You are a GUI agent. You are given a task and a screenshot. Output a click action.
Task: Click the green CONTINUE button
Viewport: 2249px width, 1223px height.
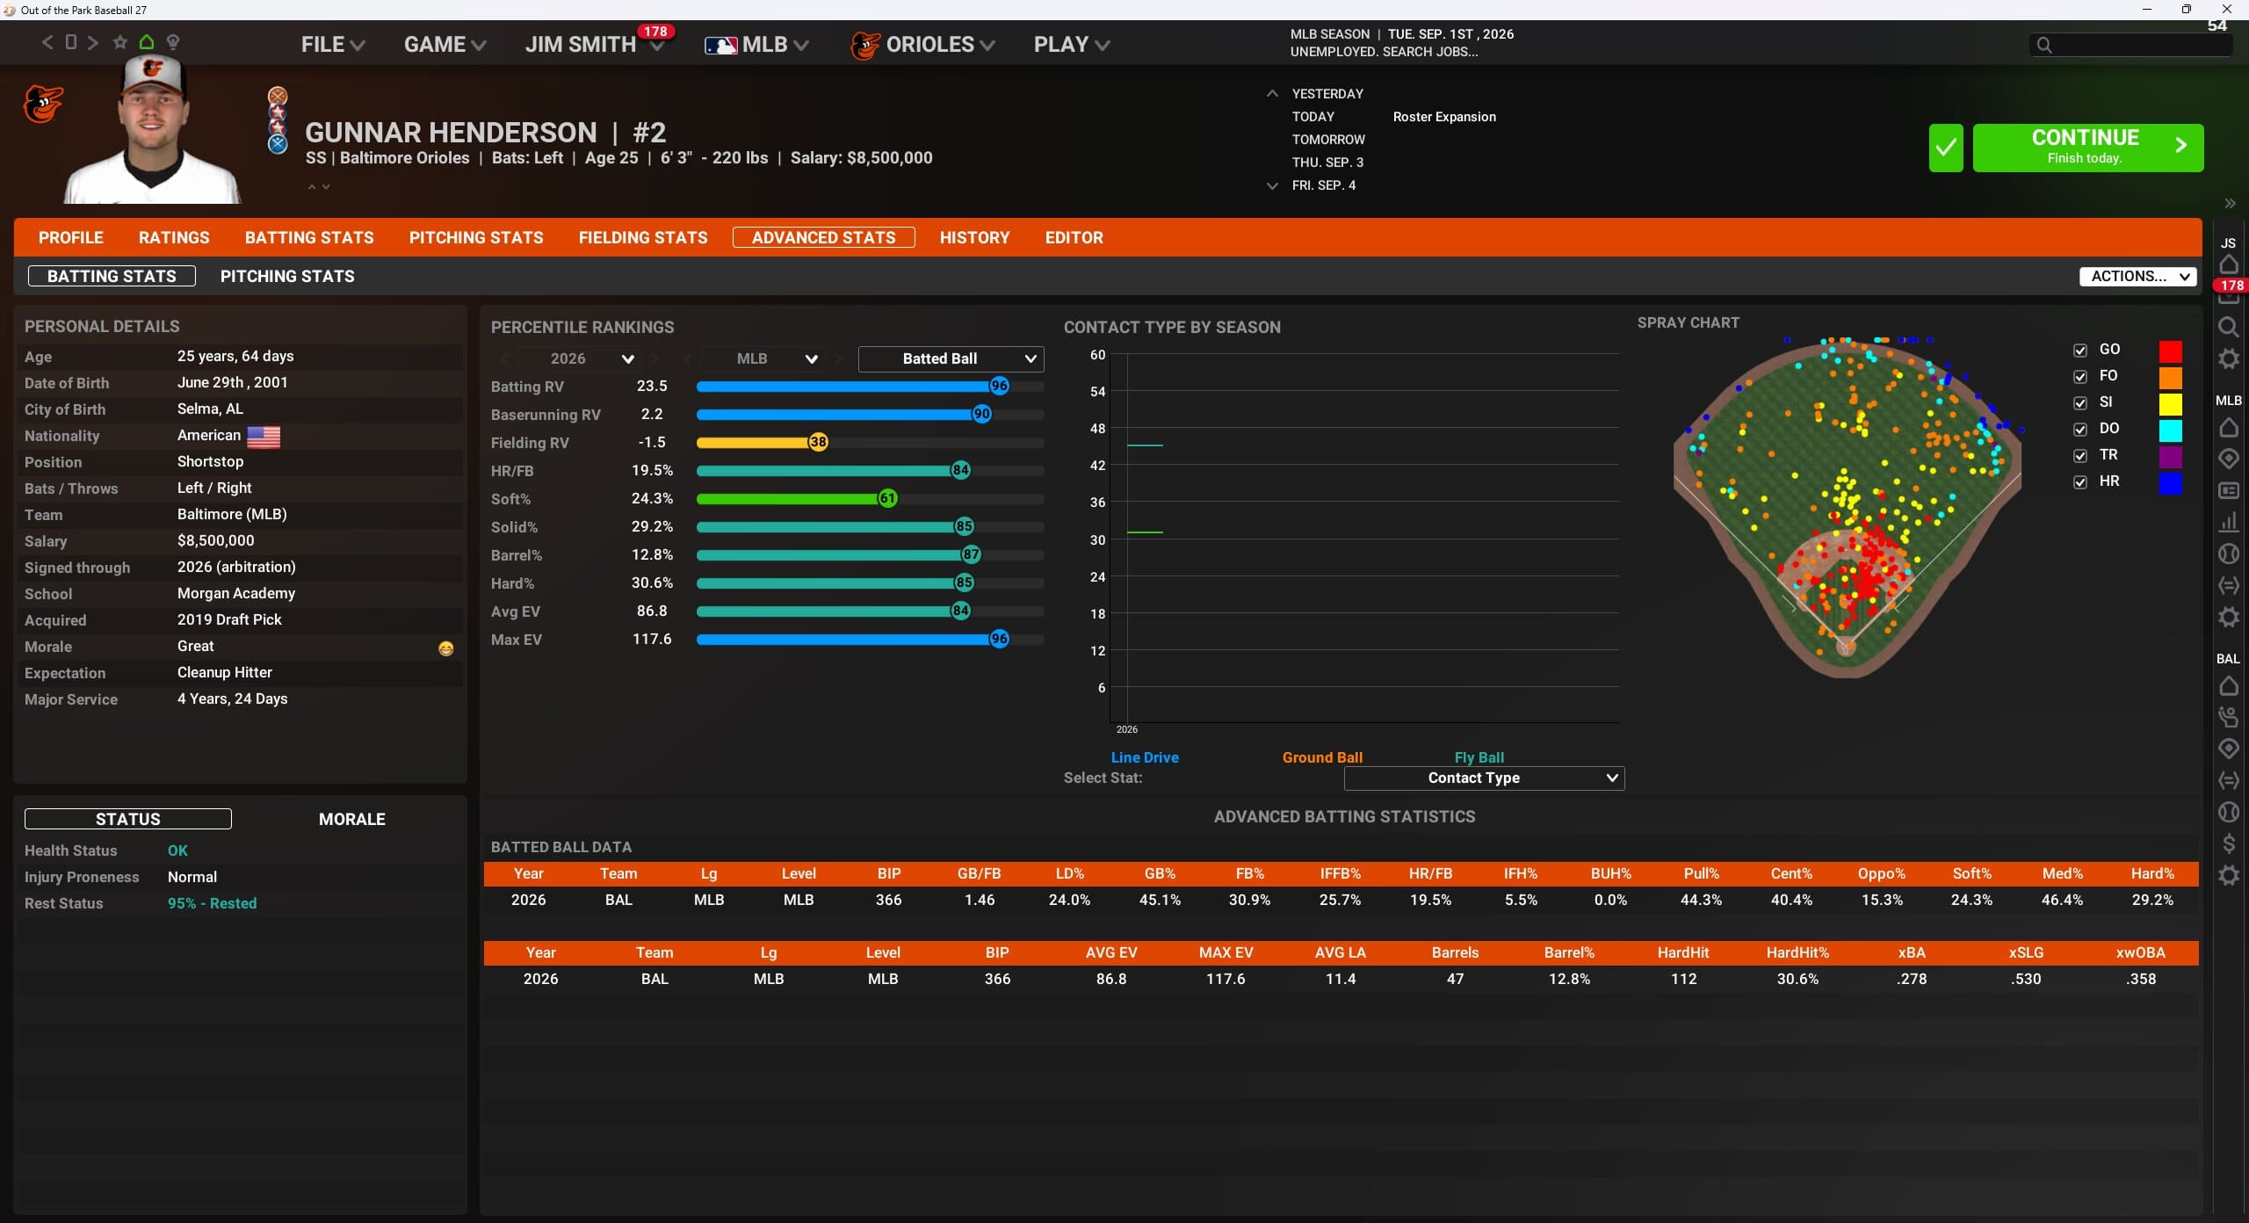[2087, 147]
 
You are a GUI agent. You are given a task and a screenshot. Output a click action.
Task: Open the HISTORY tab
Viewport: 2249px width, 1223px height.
[974, 237]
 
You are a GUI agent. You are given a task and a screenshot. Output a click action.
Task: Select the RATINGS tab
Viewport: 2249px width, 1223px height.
[174, 237]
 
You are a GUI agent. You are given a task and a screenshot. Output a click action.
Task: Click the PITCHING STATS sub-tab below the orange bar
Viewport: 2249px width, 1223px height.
[287, 276]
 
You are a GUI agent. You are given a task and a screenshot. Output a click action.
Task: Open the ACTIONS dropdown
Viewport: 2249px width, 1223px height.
[2137, 276]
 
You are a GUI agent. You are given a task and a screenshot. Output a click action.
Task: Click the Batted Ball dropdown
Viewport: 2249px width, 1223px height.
[951, 358]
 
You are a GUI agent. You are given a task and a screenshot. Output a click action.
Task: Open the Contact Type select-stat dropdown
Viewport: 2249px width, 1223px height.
[1484, 778]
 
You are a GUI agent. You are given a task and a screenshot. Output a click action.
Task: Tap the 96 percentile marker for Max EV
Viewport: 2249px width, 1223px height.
[999, 639]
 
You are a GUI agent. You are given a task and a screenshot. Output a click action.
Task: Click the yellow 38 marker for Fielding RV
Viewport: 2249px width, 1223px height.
[818, 442]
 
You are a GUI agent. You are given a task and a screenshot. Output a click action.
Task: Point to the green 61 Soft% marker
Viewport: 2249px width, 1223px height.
[888, 498]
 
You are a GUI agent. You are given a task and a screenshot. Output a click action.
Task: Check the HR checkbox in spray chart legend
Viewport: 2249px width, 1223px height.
[2079, 482]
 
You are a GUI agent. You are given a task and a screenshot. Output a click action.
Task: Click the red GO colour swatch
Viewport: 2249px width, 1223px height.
[2170, 351]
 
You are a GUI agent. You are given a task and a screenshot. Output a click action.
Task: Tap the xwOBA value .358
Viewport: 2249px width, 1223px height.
[2141, 979]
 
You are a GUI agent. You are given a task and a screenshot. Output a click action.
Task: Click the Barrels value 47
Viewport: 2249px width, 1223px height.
[1455, 979]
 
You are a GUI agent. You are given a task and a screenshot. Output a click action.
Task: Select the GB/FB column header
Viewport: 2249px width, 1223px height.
[979, 873]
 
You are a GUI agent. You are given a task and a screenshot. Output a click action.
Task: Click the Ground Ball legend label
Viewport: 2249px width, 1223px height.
[1322, 757]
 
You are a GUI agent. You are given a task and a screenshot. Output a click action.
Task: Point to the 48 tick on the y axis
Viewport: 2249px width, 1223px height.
[1097, 429]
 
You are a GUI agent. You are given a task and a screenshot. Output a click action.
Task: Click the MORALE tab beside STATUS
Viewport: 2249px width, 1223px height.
[351, 819]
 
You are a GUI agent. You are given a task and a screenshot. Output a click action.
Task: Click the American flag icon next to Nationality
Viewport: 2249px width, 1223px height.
[264, 437]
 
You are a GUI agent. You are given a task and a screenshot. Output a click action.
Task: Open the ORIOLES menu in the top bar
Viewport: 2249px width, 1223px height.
[922, 44]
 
